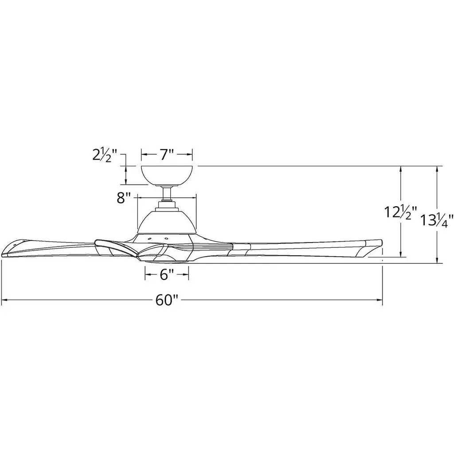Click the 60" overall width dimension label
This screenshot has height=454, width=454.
(x=166, y=300)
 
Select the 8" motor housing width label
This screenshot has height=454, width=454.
(x=125, y=198)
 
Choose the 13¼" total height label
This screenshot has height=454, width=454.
(x=436, y=220)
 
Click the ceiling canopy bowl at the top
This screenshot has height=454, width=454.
(x=167, y=176)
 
